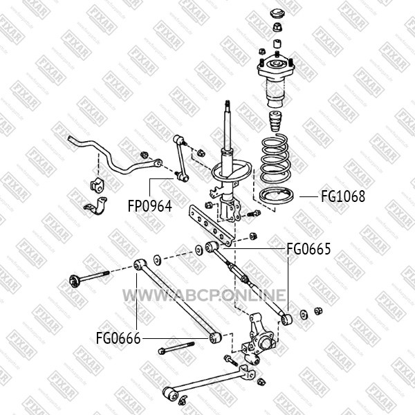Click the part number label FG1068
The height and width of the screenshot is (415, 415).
(x=343, y=196)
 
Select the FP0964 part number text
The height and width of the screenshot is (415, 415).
(x=150, y=206)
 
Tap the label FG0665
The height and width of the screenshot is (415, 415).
(x=308, y=249)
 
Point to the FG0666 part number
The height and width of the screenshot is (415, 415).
(x=118, y=338)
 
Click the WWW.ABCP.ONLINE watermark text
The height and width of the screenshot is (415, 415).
(x=204, y=295)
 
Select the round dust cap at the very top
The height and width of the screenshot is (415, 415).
(x=277, y=14)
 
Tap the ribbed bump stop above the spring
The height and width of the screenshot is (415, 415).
(x=276, y=122)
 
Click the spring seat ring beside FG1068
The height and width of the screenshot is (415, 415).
(x=276, y=196)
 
